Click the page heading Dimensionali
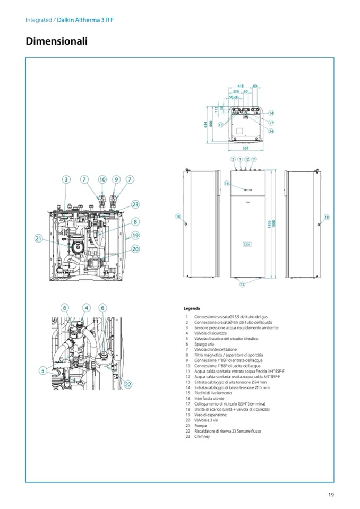click(x=56, y=41)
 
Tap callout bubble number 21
click(x=38, y=239)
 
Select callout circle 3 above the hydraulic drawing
click(x=66, y=179)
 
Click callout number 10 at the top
click(x=102, y=179)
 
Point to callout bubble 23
click(x=135, y=204)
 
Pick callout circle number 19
click(x=135, y=235)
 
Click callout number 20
click(x=135, y=248)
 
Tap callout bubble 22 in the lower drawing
click(x=128, y=384)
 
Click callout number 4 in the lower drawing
click(x=87, y=307)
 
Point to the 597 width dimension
click(x=246, y=148)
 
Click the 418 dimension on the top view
click(x=241, y=85)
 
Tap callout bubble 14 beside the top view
click(x=271, y=113)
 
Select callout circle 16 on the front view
click(x=227, y=183)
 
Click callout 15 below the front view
click(x=242, y=284)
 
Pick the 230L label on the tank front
click(x=247, y=244)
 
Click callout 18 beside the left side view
click(x=178, y=217)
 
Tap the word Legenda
click(x=192, y=308)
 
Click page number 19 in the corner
click(x=331, y=495)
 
